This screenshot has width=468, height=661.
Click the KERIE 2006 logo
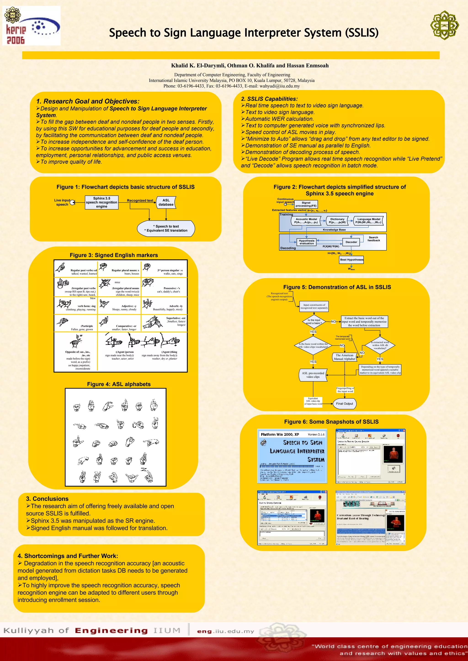[x=31, y=26]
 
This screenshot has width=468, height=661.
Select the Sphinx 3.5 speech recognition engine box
[x=102, y=202]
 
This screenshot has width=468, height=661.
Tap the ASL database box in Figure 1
[x=166, y=202]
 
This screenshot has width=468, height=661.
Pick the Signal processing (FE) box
[x=306, y=204]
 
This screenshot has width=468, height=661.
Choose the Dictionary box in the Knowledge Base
[x=337, y=221]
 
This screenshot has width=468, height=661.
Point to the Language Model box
[x=369, y=221]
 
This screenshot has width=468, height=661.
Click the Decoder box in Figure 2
[x=351, y=242]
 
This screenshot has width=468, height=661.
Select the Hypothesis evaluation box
[x=307, y=242]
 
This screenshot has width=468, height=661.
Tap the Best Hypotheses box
[x=352, y=260]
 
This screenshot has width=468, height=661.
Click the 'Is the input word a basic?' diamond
[x=314, y=322]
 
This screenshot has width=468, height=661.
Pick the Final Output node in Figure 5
[x=344, y=404]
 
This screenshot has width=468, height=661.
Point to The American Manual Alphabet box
[x=344, y=357]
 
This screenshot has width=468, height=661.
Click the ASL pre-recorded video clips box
[x=313, y=375]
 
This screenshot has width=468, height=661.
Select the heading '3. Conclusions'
[x=47, y=499]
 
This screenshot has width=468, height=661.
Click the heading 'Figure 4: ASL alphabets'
[x=119, y=384]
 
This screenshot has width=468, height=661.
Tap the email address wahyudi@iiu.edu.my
[x=279, y=86]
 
